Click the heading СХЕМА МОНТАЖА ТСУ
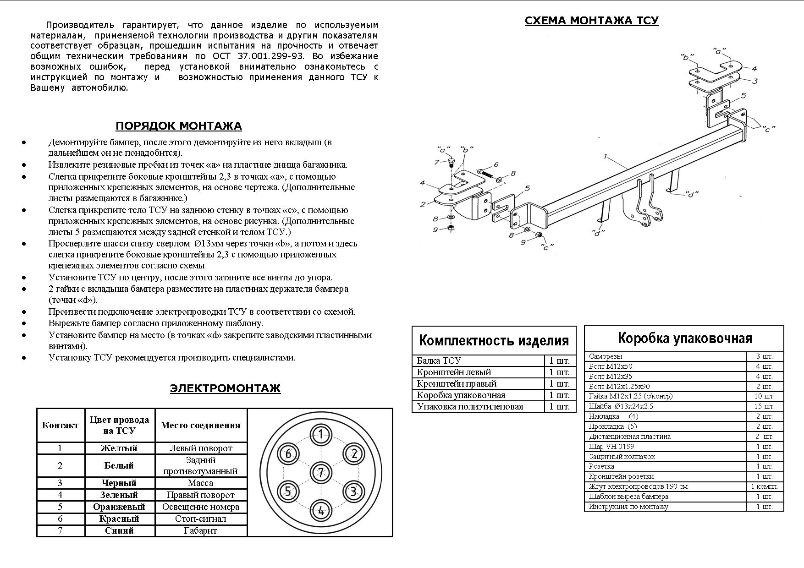pyautogui.click(x=591, y=21)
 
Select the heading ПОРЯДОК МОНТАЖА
pyautogui.click(x=179, y=126)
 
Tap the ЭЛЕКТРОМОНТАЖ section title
pyautogui.click(x=225, y=388)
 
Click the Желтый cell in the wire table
pyautogui.click(x=119, y=448)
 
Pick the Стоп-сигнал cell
pyautogui.click(x=200, y=519)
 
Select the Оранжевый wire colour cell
pyautogui.click(x=119, y=507)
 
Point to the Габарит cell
pyautogui.click(x=200, y=531)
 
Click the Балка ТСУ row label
pyautogui.click(x=439, y=360)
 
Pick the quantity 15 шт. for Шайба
pyautogui.click(x=765, y=406)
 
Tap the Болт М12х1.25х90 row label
pyautogui.click(x=619, y=386)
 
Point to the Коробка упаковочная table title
pyautogui.click(x=685, y=339)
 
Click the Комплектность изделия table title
pyautogui.click(x=494, y=341)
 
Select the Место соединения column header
pyautogui.click(x=200, y=425)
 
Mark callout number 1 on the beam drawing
pyautogui.click(x=606, y=157)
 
